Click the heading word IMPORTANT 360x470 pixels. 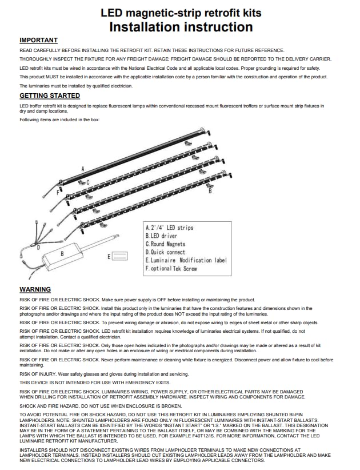38,40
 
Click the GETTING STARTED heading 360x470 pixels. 50,95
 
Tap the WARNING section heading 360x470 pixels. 35,289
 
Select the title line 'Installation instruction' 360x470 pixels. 181,26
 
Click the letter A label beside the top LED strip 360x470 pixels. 83,169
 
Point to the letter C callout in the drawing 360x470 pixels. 87,182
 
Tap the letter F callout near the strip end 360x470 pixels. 58,193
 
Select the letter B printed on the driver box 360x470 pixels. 62,252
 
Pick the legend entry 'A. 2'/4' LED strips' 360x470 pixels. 170,228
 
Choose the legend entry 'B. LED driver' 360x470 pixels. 162,236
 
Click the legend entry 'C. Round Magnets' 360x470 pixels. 166,244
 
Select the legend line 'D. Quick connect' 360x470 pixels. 166,252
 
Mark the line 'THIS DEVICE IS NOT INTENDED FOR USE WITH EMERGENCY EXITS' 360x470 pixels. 95,382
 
